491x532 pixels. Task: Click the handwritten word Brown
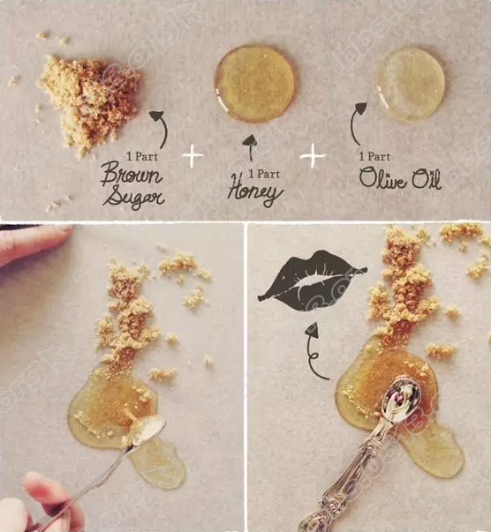pyautogui.click(x=132, y=174)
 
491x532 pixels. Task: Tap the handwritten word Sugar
pyautogui.click(x=133, y=196)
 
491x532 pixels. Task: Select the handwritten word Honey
pyautogui.click(x=255, y=191)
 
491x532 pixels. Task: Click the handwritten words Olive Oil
pyautogui.click(x=400, y=178)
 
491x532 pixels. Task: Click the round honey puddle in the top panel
pyautogui.click(x=254, y=84)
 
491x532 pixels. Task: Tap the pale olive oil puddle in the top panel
pyautogui.click(x=410, y=84)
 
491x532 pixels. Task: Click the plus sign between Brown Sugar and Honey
pyautogui.click(x=193, y=156)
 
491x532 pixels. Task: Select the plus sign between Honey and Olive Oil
pyautogui.click(x=313, y=156)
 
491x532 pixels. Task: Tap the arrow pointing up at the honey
pyautogui.click(x=251, y=147)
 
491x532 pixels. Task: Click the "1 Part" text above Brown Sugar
pyautogui.click(x=142, y=156)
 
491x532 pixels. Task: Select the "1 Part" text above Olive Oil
pyautogui.click(x=374, y=156)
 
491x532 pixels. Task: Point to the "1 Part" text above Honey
pyautogui.click(x=264, y=174)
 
